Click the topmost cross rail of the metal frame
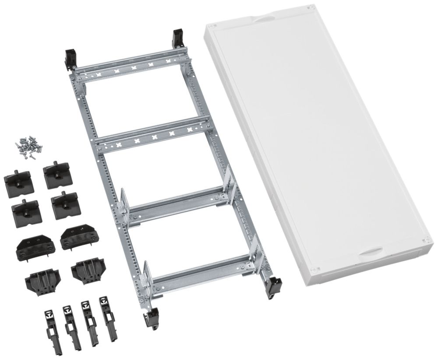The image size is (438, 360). tap(131, 66)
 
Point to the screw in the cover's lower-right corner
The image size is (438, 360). tap(424, 240)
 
